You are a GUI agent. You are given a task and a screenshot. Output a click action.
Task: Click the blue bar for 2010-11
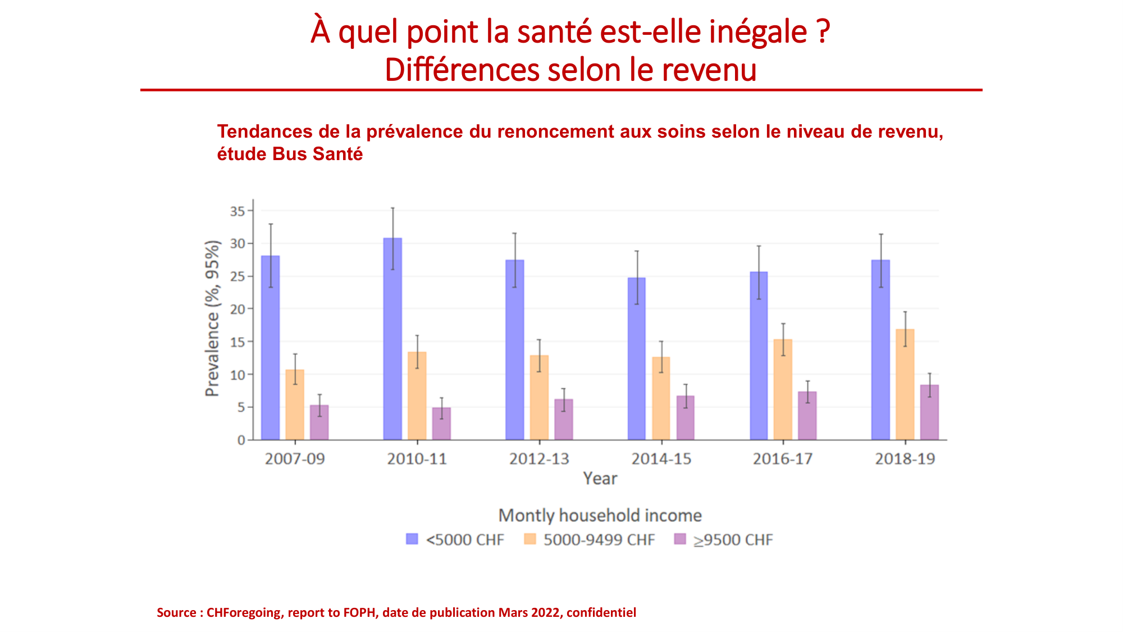(x=392, y=348)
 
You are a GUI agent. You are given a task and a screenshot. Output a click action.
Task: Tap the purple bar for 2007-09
(x=319, y=424)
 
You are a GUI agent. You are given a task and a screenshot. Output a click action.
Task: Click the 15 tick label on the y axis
(x=238, y=342)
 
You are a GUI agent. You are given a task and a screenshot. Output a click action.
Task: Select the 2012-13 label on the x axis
(x=539, y=459)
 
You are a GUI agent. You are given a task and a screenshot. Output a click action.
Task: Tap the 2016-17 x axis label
(x=783, y=459)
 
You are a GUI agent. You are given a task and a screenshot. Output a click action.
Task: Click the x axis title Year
(x=600, y=479)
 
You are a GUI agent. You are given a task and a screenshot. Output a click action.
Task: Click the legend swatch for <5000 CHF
(x=412, y=539)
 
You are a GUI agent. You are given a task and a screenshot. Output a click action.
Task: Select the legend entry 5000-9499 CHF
(x=599, y=540)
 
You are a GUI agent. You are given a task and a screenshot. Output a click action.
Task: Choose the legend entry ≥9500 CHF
(x=733, y=540)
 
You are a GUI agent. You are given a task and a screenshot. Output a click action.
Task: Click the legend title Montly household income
(x=600, y=515)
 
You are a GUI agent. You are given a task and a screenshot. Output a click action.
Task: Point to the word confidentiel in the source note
(x=601, y=612)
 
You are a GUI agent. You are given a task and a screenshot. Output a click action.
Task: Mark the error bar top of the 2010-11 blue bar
(x=392, y=208)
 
